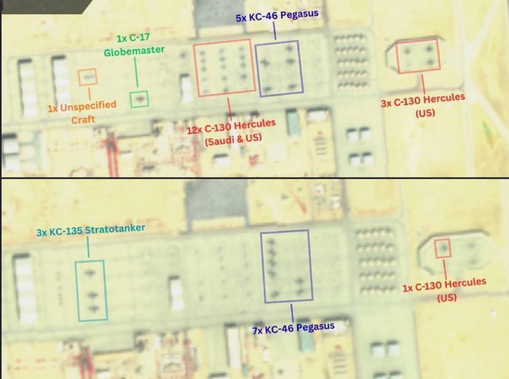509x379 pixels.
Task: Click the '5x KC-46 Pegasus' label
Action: (x=277, y=15)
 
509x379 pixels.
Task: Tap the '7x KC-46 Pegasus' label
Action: (x=293, y=329)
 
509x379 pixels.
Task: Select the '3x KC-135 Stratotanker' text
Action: (x=91, y=230)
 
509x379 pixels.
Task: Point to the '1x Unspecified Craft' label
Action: (x=82, y=112)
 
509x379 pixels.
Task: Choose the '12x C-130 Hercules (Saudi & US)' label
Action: (x=231, y=131)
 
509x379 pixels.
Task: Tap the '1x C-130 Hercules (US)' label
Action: (x=445, y=290)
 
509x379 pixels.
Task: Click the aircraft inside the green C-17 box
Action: (x=139, y=99)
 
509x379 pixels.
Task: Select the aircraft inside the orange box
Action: (x=88, y=77)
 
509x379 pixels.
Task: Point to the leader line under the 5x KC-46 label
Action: (x=274, y=31)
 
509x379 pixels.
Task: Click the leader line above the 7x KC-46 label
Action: (x=291, y=313)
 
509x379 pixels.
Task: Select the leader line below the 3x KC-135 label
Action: (x=88, y=247)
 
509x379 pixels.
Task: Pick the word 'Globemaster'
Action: (x=134, y=51)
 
